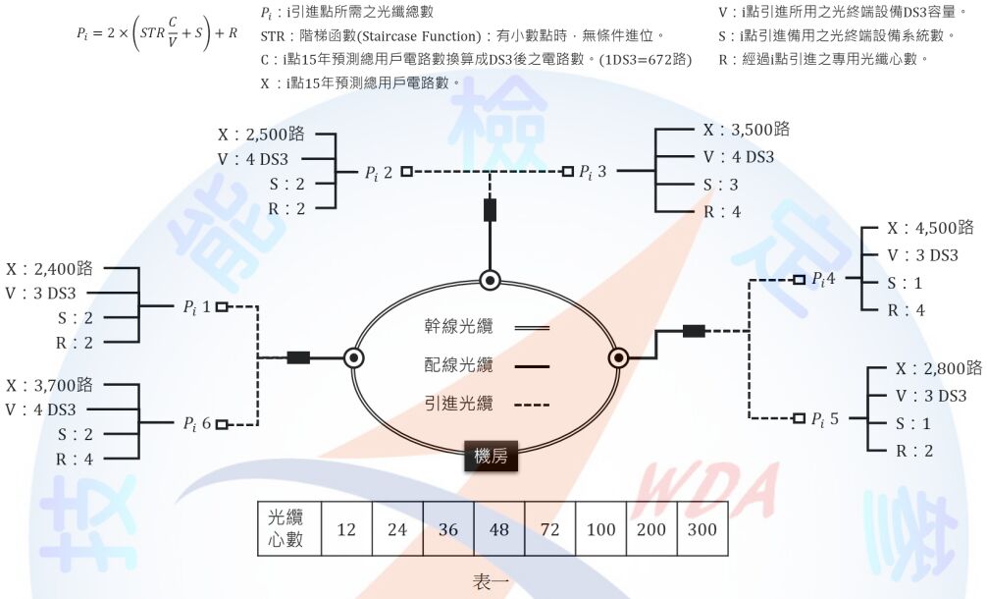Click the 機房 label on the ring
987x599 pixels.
coord(491,457)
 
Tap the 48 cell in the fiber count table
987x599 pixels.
coord(498,530)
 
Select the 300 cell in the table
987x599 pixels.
coord(702,530)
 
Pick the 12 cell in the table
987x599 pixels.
coord(345,530)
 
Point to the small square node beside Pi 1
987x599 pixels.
coord(222,307)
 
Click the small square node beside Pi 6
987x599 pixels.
coord(222,425)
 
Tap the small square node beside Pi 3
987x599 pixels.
coord(567,172)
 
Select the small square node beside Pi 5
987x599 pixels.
coord(799,418)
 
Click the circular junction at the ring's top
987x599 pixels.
coord(490,280)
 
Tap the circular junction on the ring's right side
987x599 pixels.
coord(619,357)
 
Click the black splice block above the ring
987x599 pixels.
coord(490,210)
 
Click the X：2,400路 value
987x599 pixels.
coord(49,267)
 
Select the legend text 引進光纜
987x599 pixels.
coord(459,404)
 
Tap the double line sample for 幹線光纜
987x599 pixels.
coord(531,328)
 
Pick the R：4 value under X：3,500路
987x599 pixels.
coord(721,212)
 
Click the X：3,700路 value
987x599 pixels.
coord(49,384)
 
